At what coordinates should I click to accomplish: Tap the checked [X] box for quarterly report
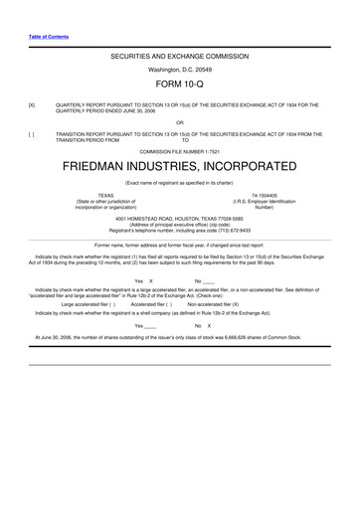coord(32,103)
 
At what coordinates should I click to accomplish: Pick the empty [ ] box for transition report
coord(32,132)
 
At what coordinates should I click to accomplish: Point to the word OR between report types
coord(179,123)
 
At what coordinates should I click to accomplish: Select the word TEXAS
coord(104,195)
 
